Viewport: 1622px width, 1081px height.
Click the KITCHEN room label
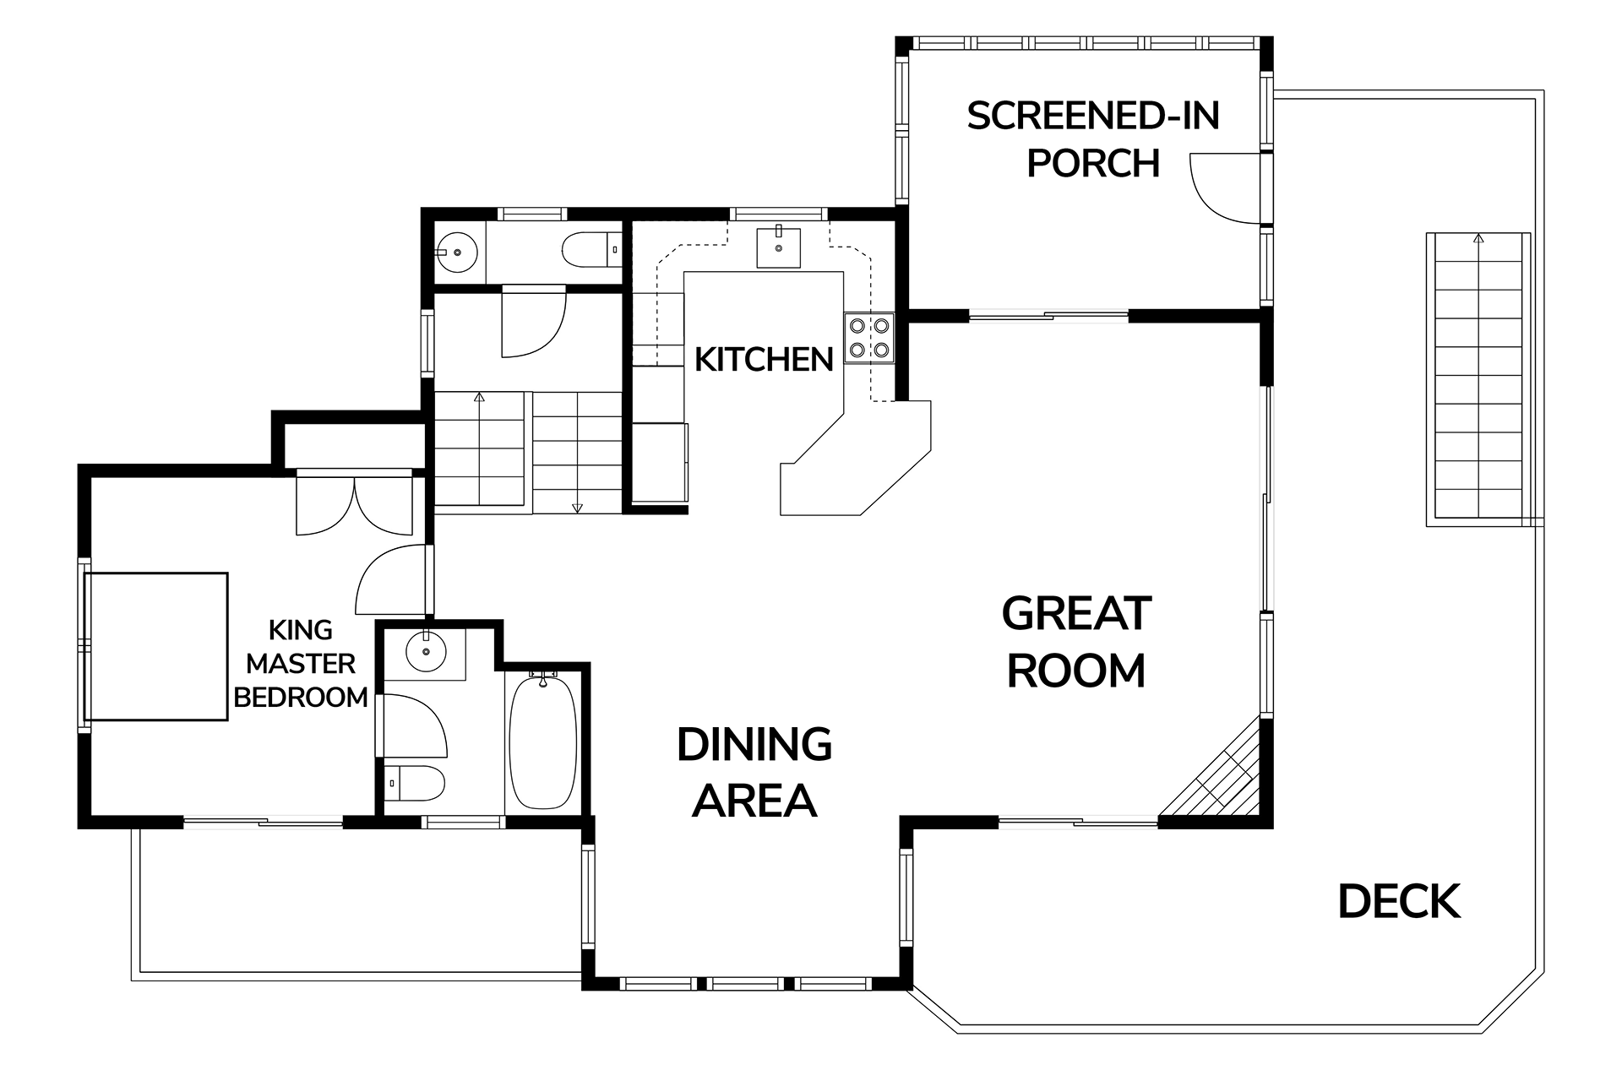pyautogui.click(x=764, y=360)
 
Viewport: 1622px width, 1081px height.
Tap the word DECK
pyautogui.click(x=1399, y=901)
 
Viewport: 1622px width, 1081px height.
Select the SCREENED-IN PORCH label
pyautogui.click(x=1093, y=139)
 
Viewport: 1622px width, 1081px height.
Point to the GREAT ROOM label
pyautogui.click(x=1076, y=642)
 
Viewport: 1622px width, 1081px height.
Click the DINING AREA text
pyautogui.click(x=754, y=772)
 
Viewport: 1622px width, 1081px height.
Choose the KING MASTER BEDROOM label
pyautogui.click(x=301, y=664)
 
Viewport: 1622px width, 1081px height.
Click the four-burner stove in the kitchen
pyautogui.click(x=868, y=337)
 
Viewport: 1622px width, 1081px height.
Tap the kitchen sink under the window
pyautogui.click(x=778, y=247)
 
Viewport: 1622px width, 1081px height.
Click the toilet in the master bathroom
pyautogui.click(x=414, y=784)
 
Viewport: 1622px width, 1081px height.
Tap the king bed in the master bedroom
pyautogui.click(x=156, y=647)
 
